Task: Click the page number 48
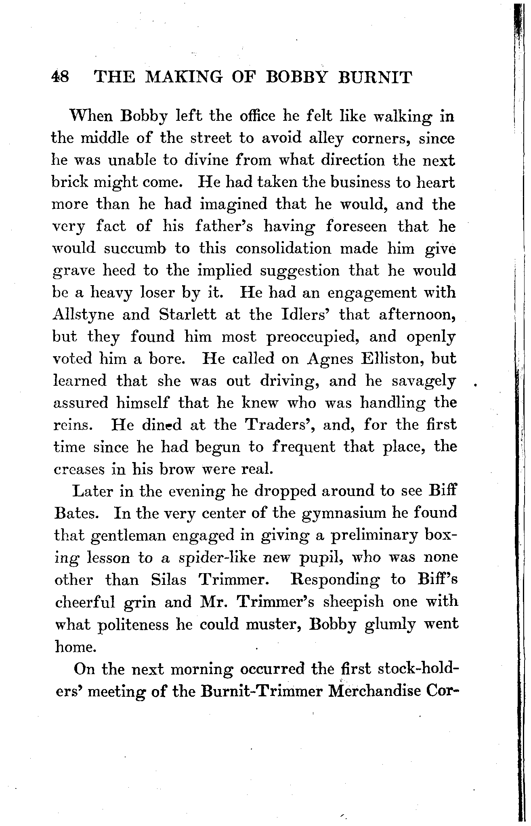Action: pos(61,76)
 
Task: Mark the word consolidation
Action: pos(283,248)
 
